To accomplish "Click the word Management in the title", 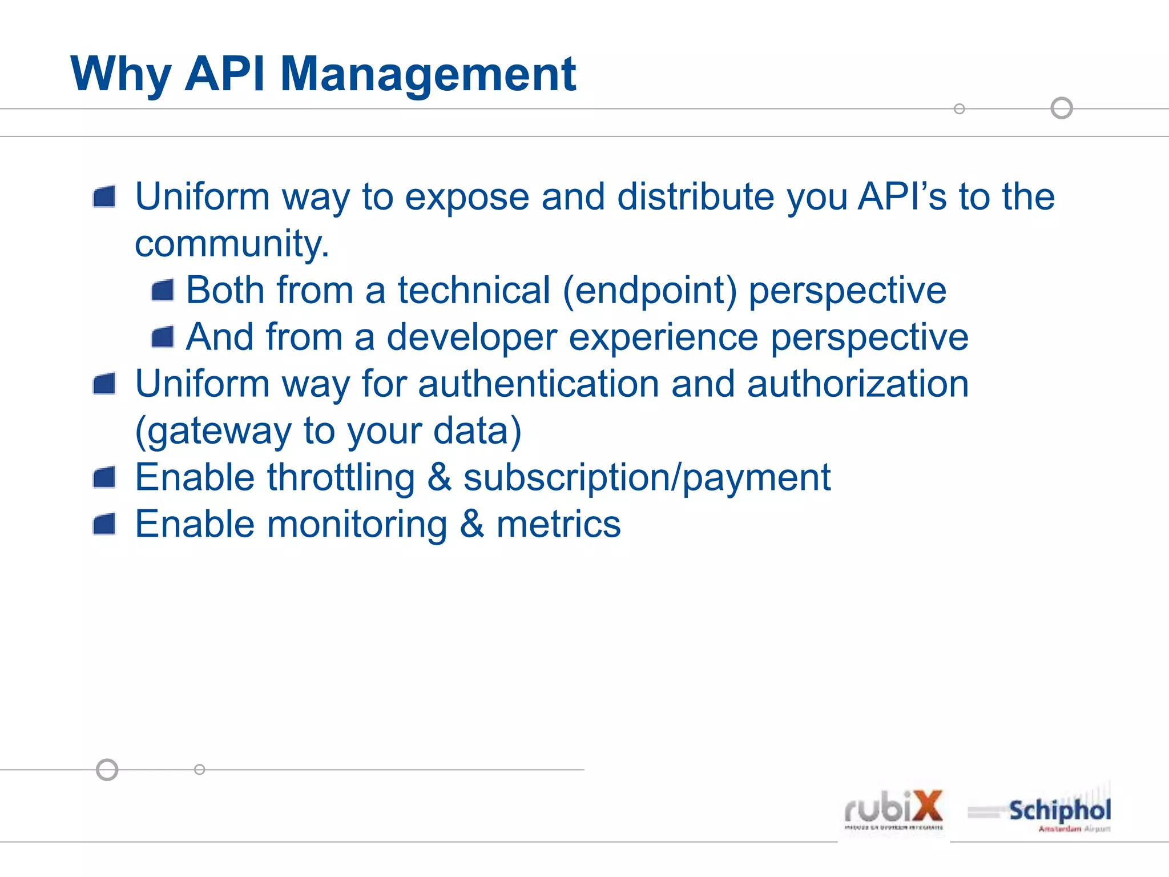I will coord(428,74).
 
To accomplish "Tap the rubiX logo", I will coord(893,810).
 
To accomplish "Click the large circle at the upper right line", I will coord(1062,108).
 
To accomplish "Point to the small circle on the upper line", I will coord(960,108).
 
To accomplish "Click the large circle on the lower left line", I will coord(107,770).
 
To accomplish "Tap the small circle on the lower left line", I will coord(199,770).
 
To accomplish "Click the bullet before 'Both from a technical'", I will coord(163,291).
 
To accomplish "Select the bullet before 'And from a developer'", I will coord(163,337).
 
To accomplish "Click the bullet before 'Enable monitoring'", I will coord(104,524).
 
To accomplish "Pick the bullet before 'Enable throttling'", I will coord(104,477).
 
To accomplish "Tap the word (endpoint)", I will coord(650,291).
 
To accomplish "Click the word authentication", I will coord(538,384).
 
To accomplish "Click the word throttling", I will coord(341,477).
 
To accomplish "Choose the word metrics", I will coord(558,524).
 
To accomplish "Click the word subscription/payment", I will coord(646,477).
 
